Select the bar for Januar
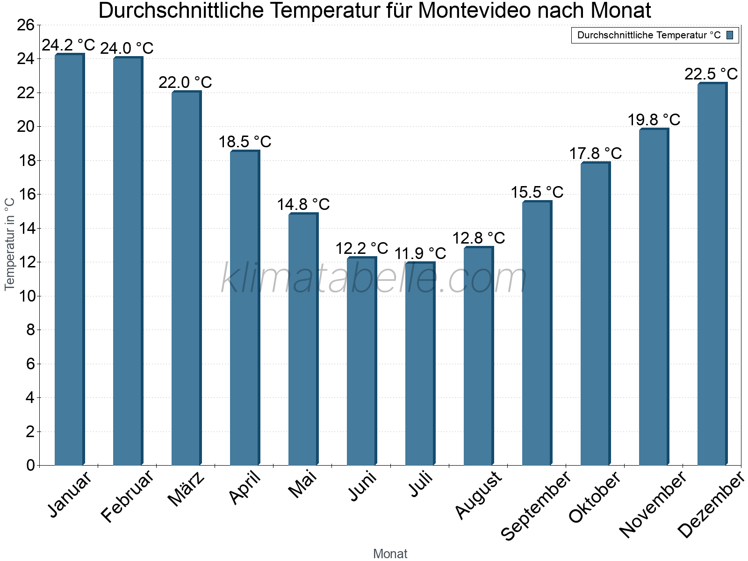69,260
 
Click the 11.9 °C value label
420,253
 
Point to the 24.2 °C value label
68,45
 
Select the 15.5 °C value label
537,192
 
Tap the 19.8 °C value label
654,120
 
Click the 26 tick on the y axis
26,25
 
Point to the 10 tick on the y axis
26,296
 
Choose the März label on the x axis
186,489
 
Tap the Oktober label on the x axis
595,497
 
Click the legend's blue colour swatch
730,35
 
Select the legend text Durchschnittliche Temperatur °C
649,35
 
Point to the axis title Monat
390,554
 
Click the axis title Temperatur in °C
10,244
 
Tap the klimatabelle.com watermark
374,279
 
